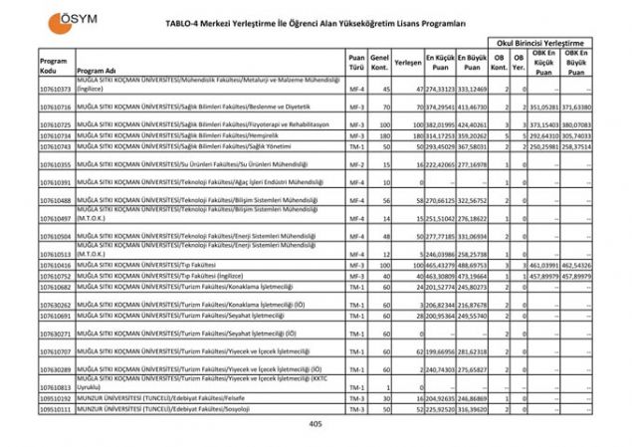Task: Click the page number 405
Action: [x=316, y=424]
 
